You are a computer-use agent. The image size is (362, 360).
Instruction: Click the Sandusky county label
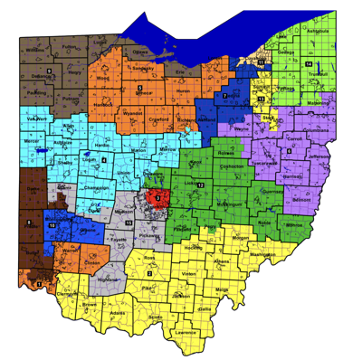pos(141,68)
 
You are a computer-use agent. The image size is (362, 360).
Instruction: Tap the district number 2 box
pos(149,272)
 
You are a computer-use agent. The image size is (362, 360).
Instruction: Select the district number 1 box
pos(39,285)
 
